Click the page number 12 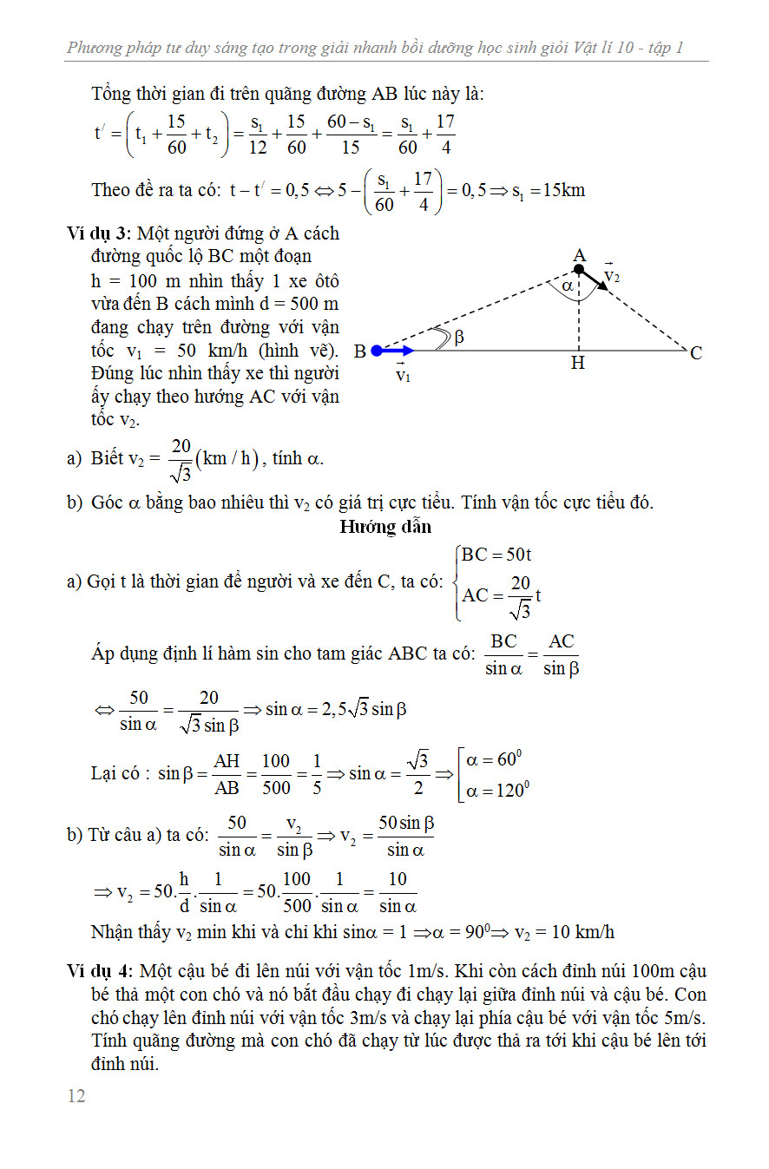[76, 1095]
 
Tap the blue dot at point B [377, 351]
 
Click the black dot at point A [579, 270]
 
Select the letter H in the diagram [578, 364]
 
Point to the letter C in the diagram [696, 353]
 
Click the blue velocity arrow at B [398, 351]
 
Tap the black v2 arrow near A [595, 281]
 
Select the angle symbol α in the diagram [568, 286]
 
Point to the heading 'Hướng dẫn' [385, 526]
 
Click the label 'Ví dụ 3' [97, 233]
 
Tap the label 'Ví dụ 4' [97, 970]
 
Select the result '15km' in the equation [562, 189]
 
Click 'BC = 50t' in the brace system [496, 555]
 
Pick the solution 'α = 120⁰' [497, 790]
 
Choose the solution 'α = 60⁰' [494, 760]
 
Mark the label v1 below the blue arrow [403, 375]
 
